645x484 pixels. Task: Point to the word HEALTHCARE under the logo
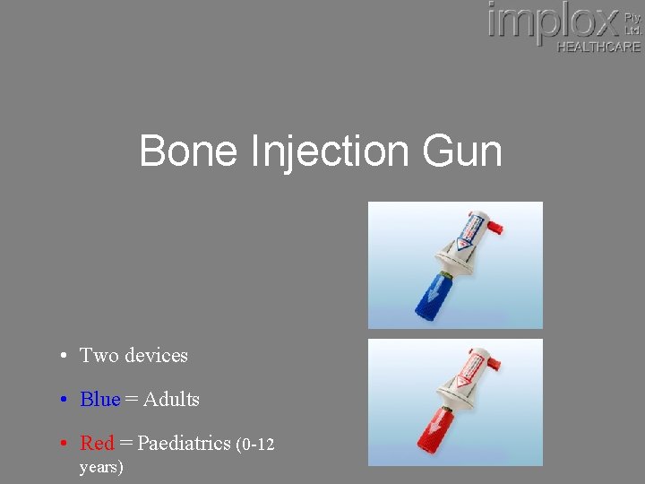click(598, 47)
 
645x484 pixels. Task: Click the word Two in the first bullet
click(99, 355)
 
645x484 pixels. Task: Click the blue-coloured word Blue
click(99, 399)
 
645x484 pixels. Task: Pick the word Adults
click(171, 399)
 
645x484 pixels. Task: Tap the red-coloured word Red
click(97, 443)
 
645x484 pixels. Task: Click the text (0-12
click(254, 444)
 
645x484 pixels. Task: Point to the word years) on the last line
click(101, 466)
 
